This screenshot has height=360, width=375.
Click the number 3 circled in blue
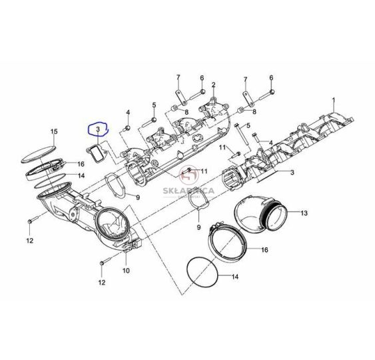[x=98, y=129]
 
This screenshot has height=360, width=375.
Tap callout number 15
[x=54, y=131]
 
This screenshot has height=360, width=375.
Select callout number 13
[x=304, y=213]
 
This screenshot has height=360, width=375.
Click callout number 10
[x=126, y=271]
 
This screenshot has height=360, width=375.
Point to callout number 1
[x=334, y=100]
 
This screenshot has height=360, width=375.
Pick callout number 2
[x=213, y=85]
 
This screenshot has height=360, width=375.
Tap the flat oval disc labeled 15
[x=39, y=153]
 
